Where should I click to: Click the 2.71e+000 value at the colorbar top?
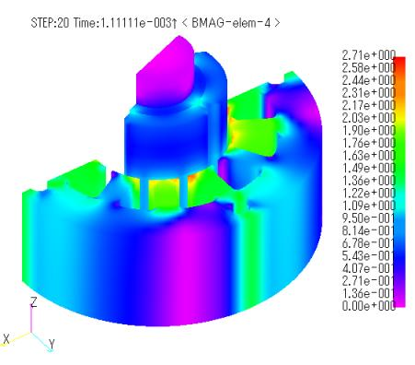368,55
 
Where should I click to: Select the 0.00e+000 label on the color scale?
368,306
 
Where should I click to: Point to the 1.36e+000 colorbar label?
368,181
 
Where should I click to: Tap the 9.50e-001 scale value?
368,218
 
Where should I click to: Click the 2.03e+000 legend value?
368,118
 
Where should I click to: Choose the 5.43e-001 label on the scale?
368,256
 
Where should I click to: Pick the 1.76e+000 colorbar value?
368,143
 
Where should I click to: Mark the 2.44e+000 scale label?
368,80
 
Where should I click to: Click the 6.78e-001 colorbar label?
368,243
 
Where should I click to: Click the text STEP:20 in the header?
50,23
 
